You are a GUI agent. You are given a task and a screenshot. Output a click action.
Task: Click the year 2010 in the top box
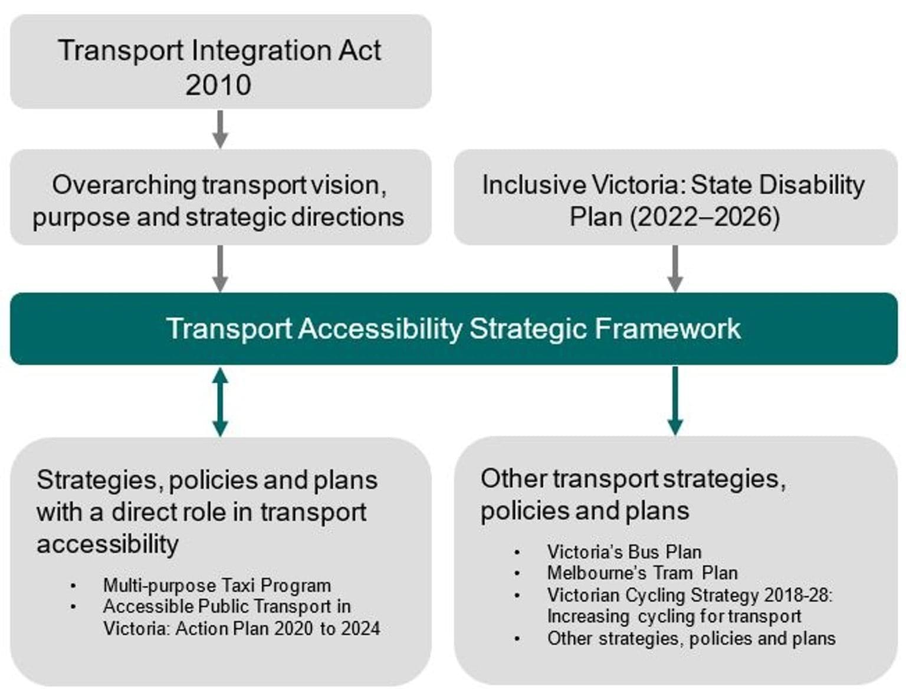[x=218, y=85]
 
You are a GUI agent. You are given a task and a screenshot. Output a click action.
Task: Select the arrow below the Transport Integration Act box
[x=220, y=129]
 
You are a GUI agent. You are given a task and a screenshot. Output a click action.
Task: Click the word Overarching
[x=124, y=186]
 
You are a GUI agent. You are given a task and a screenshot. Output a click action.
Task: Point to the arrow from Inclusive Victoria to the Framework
[x=675, y=268]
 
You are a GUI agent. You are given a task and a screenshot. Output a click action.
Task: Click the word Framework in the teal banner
[x=668, y=329]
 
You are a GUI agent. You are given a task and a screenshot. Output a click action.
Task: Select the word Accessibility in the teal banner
[x=380, y=329]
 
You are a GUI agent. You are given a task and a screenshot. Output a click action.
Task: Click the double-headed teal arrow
[x=220, y=402]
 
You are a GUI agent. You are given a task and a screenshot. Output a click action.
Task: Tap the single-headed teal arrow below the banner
[x=675, y=401]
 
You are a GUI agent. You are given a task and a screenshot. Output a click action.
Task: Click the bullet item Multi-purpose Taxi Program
[x=217, y=586]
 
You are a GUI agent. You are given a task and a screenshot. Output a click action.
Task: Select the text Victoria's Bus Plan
[x=624, y=552]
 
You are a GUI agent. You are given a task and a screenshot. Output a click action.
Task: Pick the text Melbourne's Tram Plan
[x=642, y=573]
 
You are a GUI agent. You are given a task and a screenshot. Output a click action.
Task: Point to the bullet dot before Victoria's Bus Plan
[x=517, y=553]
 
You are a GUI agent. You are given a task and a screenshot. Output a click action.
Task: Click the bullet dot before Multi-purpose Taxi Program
[x=74, y=586]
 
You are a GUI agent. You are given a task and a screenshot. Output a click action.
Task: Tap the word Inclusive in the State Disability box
[x=534, y=185]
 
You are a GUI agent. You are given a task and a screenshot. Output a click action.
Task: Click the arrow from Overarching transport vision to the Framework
[x=220, y=268]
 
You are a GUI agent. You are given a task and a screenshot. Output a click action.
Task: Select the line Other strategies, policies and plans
[x=691, y=639]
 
